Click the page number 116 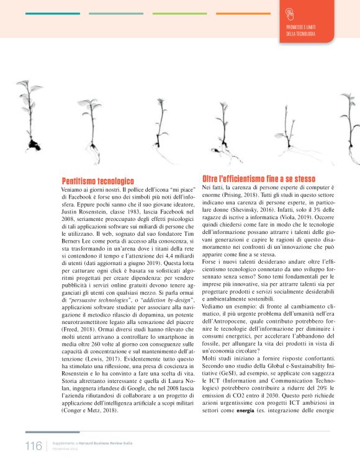pyautogui.click(x=33, y=446)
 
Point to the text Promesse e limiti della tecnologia pyautogui.click(x=300, y=31)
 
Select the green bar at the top pyautogui.click(x=179, y=13)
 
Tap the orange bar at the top pyautogui.click(x=243, y=13)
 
